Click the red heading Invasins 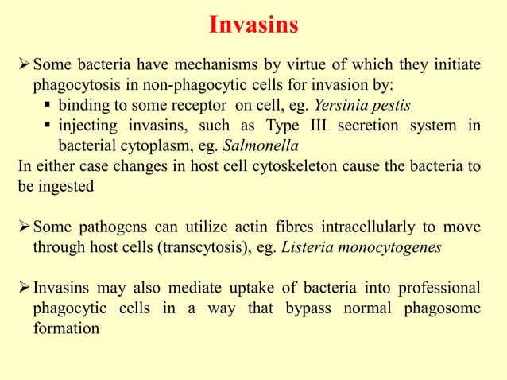point(253,25)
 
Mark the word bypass point(308,307)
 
